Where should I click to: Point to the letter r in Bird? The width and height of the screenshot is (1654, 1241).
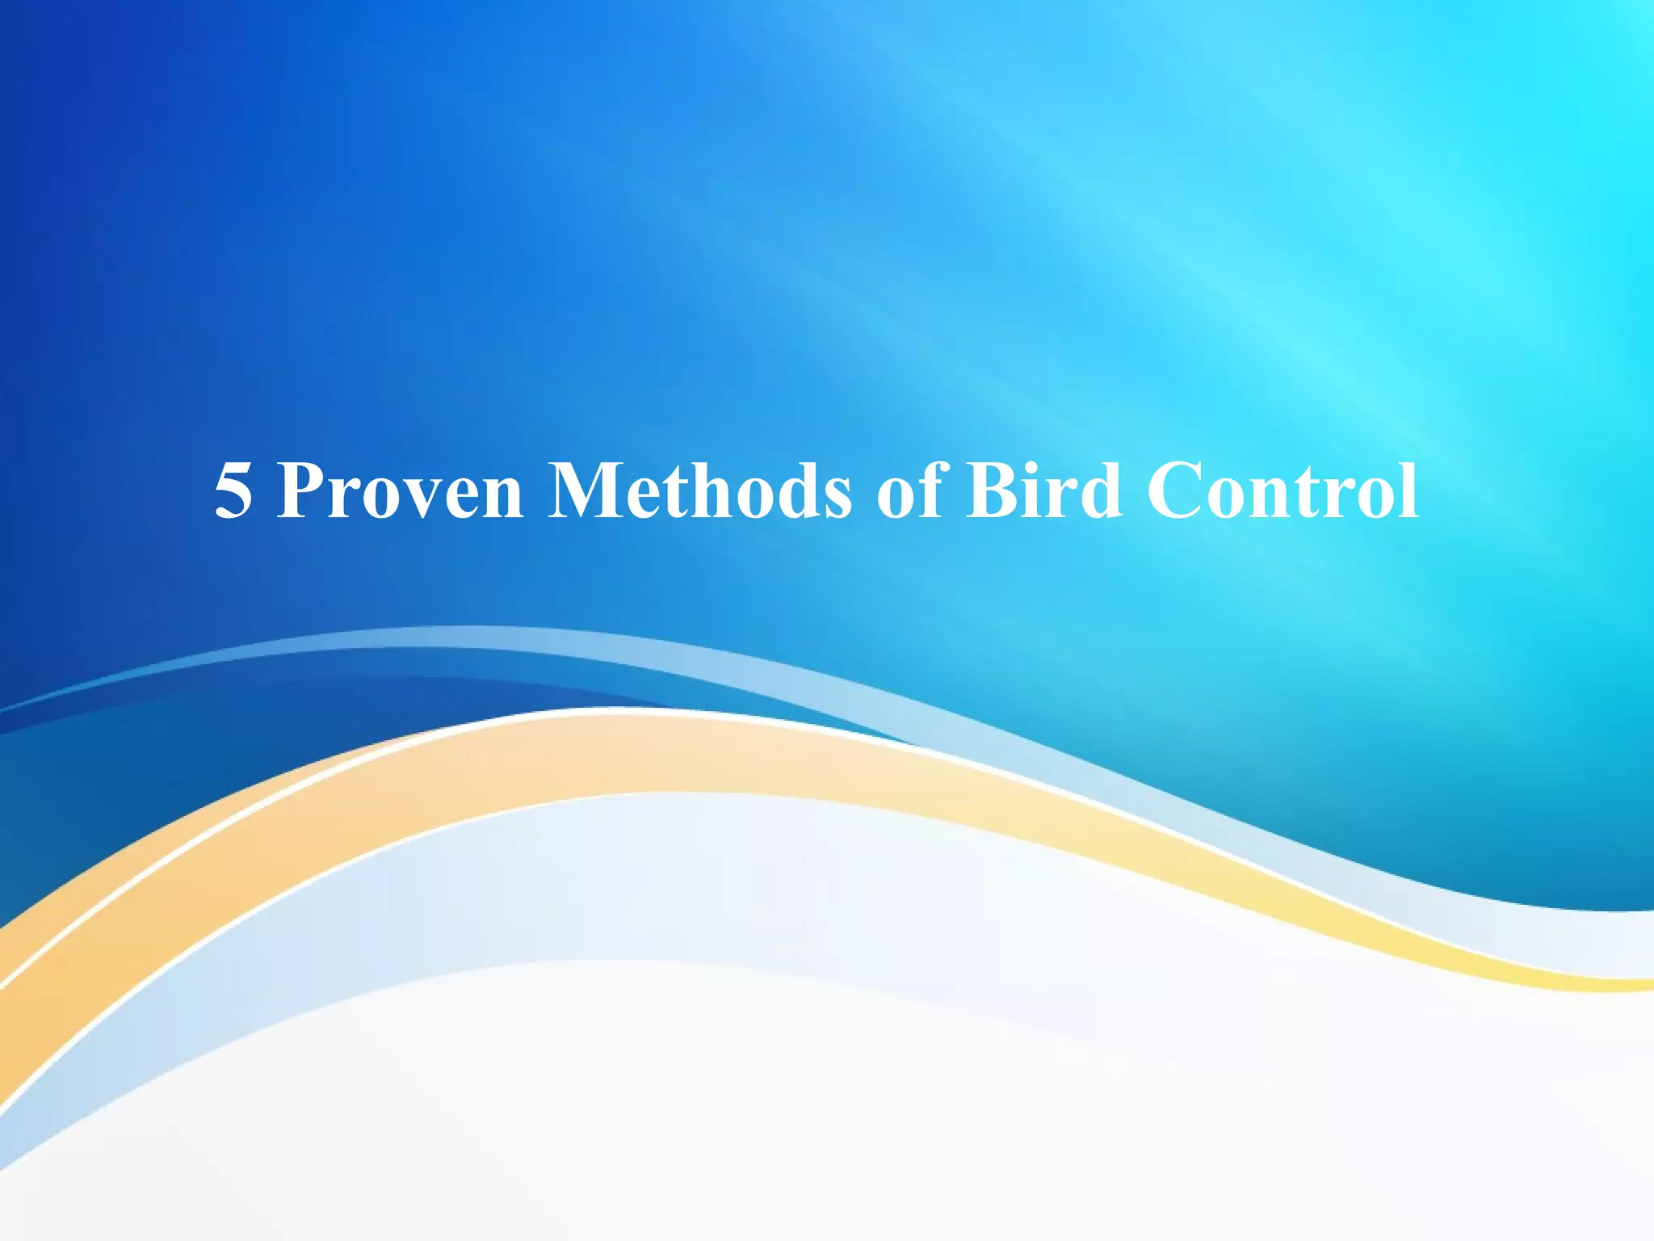pyautogui.click(x=1065, y=499)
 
